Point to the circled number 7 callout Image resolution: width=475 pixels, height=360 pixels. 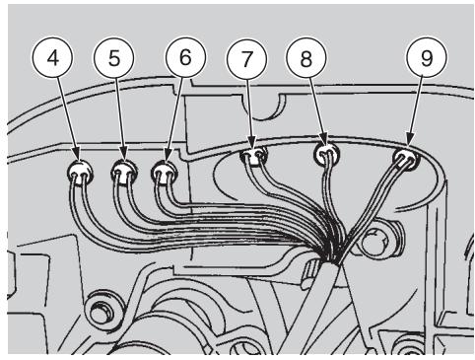(x=247, y=57)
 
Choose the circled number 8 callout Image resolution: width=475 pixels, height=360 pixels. (x=305, y=57)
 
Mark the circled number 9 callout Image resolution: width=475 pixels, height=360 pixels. (x=426, y=57)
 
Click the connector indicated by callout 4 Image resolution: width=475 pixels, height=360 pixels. (x=79, y=175)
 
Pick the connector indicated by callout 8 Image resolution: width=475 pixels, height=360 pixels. (x=326, y=155)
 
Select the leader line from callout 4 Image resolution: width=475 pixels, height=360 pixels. (x=67, y=118)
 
